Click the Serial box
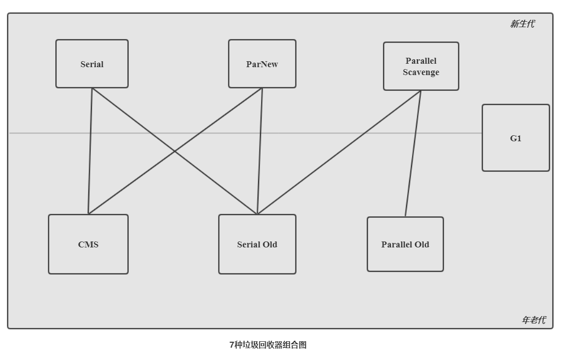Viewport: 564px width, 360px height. click(92, 64)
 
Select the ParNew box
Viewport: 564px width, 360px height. click(262, 64)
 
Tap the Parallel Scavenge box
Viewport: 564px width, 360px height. click(421, 66)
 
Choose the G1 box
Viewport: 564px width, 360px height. click(516, 138)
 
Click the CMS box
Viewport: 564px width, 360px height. click(88, 244)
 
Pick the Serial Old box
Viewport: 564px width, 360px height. click(257, 244)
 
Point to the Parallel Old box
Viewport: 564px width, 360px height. click(405, 244)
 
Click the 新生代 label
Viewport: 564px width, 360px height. click(522, 24)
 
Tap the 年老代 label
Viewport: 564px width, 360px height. click(534, 320)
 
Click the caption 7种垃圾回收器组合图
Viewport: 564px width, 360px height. click(268, 345)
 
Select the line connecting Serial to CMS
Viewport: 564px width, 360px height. click(90, 151)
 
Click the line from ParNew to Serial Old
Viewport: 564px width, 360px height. click(260, 151)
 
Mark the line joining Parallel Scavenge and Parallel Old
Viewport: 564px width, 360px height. click(413, 154)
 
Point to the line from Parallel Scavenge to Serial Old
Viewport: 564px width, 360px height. click(339, 152)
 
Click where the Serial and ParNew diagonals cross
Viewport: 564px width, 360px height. click(175, 151)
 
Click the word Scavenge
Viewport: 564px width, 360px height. click(421, 73)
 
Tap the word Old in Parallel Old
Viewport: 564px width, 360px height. click(421, 244)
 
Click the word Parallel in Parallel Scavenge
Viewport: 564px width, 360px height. click(421, 60)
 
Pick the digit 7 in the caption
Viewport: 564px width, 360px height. click(231, 345)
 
